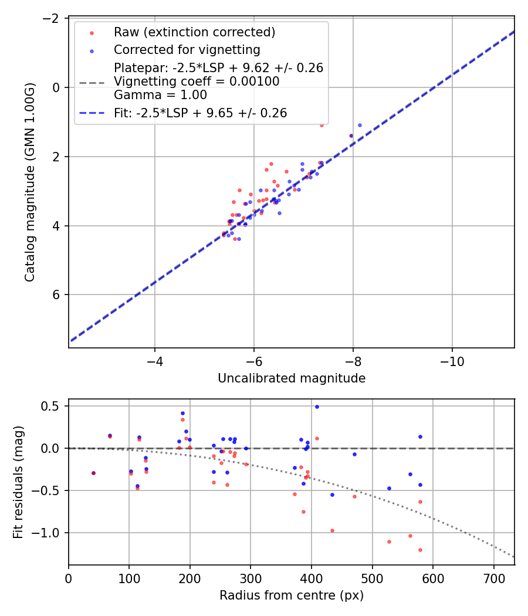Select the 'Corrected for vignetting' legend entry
187,49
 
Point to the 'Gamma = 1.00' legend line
160,94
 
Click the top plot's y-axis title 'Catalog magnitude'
31,182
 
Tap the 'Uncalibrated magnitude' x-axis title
292,378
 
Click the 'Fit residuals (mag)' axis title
18,482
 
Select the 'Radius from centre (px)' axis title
292,595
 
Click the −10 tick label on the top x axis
452,362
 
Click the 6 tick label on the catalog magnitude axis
57,295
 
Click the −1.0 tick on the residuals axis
49,533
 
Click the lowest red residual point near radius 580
420,550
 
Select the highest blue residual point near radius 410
317,407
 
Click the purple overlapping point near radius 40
93,473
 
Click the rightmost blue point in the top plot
360,125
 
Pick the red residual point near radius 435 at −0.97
332,530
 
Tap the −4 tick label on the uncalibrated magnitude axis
155,362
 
